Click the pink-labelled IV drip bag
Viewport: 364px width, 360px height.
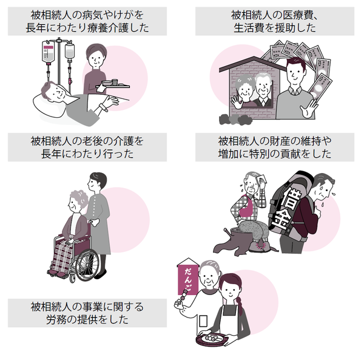[x=49, y=52]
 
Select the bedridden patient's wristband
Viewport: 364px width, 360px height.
[x=103, y=107]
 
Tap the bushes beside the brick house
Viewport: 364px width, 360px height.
[x=235, y=120]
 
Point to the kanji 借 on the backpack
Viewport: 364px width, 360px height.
[x=291, y=197]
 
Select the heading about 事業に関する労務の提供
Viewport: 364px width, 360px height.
[x=87, y=313]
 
